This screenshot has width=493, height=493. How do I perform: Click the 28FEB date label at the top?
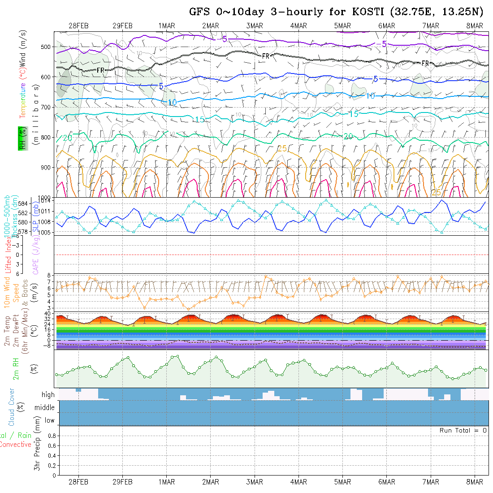point(78,26)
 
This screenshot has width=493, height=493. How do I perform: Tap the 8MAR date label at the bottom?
point(475,482)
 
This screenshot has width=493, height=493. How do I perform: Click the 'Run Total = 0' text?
point(463,430)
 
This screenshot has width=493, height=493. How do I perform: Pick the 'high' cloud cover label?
point(48,395)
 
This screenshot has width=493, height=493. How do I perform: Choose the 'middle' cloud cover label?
point(45,408)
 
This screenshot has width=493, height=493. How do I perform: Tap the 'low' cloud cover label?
point(49,420)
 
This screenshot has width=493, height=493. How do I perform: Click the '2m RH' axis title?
point(16,368)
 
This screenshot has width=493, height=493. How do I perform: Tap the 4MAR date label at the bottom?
point(298,482)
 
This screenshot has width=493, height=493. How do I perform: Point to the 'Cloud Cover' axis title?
point(12,407)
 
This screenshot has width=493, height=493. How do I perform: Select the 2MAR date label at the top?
point(210,26)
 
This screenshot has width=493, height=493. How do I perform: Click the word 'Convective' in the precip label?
point(16,445)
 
